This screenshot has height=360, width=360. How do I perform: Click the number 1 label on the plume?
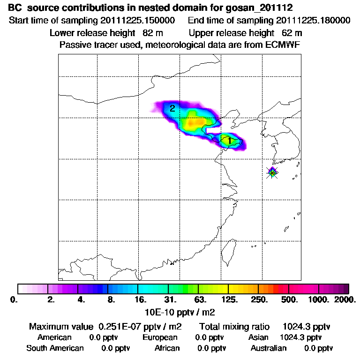(x=229, y=141)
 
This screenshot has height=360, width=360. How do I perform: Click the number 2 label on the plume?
(x=172, y=108)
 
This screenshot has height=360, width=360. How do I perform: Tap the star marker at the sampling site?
(x=272, y=172)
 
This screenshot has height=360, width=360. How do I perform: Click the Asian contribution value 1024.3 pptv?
(x=300, y=337)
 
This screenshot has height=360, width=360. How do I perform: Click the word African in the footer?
(x=167, y=348)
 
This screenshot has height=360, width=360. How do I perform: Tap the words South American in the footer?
(x=55, y=348)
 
